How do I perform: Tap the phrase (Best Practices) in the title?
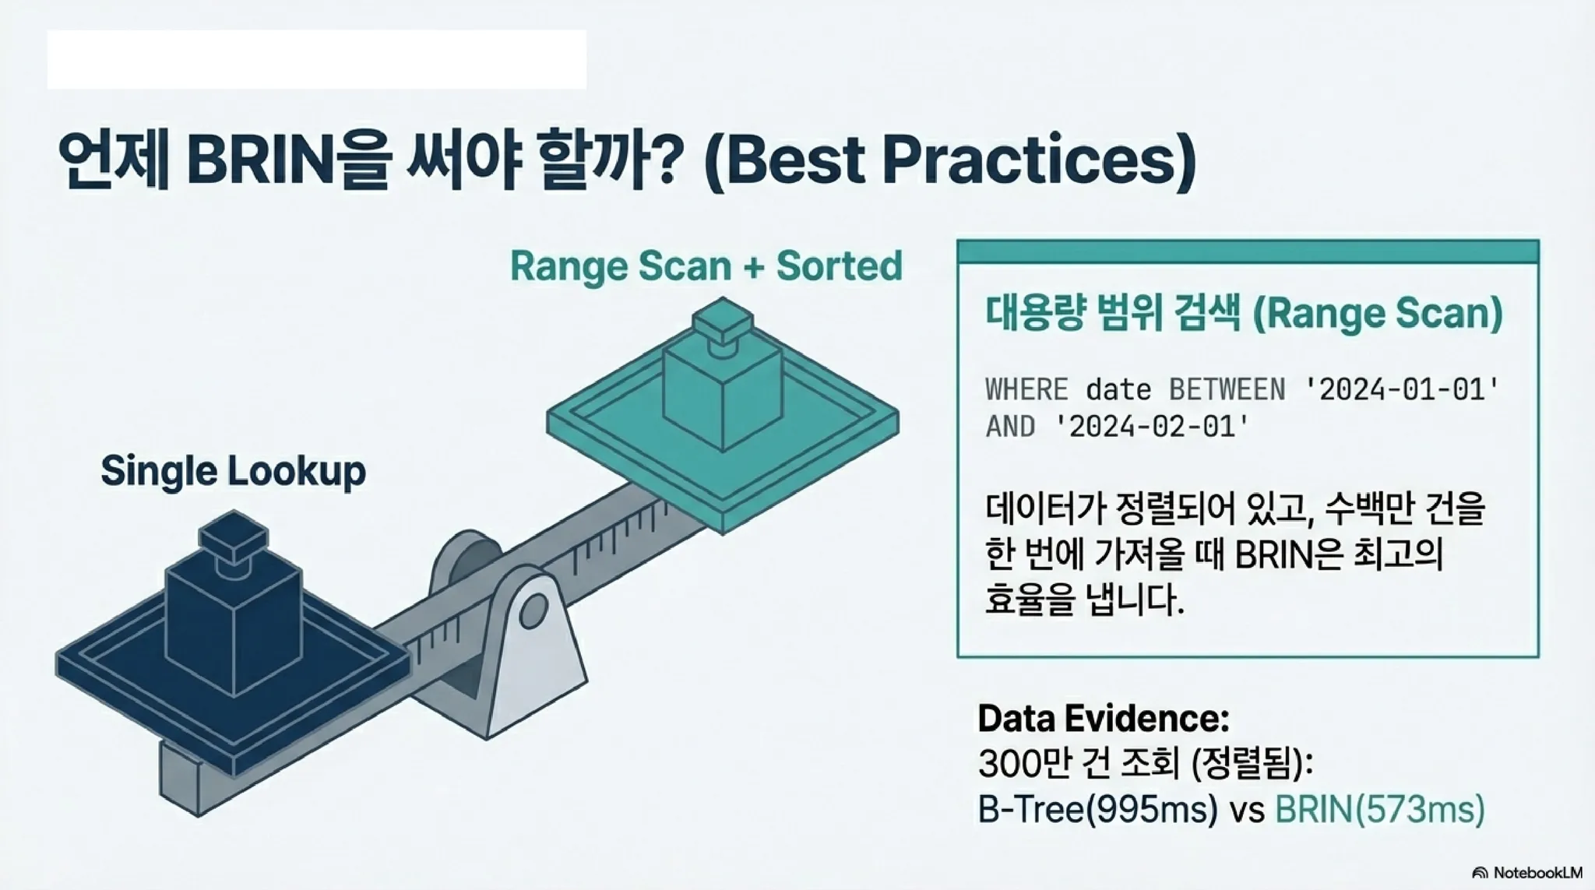949,162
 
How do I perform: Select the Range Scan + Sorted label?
706,266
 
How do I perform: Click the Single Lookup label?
233,471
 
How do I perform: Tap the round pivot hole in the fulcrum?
533,611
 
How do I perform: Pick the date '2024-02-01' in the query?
1152,427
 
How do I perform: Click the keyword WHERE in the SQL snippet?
1026,389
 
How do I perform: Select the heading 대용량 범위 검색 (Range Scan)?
1244,314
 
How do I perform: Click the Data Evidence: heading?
1103,718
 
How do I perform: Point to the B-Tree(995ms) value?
1097,811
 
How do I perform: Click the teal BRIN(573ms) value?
1380,811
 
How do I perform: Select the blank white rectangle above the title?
317,59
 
